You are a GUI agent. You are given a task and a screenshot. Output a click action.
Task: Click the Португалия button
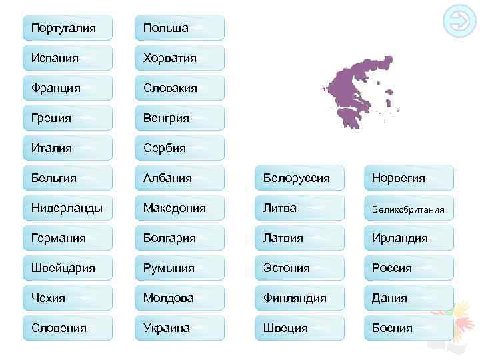pos(67,28)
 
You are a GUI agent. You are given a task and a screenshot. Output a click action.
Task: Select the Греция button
pos(67,118)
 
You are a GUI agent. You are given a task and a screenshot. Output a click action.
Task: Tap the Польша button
pos(179,28)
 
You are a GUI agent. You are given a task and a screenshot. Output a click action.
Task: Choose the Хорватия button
pos(179,58)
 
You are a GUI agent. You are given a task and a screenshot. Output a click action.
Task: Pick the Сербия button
pos(179,148)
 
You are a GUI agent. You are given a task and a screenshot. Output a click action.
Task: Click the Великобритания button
pos(408,209)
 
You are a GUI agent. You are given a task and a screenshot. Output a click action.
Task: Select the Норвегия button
pos(408,178)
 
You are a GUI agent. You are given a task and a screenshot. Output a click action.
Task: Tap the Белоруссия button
pos(299,178)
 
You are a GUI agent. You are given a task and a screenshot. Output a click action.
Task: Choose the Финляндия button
pos(299,298)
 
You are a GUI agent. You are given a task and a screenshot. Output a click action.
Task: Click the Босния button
pos(408,328)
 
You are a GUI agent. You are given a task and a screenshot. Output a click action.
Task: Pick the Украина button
pos(179,328)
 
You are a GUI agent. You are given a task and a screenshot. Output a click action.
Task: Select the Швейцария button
pos(67,268)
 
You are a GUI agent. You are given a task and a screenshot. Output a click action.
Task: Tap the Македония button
pos(179,208)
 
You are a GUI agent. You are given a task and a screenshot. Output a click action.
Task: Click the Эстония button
pos(299,268)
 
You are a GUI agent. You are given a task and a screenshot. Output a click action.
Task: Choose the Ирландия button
pos(408,238)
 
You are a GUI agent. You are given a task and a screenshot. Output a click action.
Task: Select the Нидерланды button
pos(67,208)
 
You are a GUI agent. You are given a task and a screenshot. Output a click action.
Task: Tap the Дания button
pos(408,298)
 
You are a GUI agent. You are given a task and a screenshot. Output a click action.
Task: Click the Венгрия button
pos(179,118)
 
